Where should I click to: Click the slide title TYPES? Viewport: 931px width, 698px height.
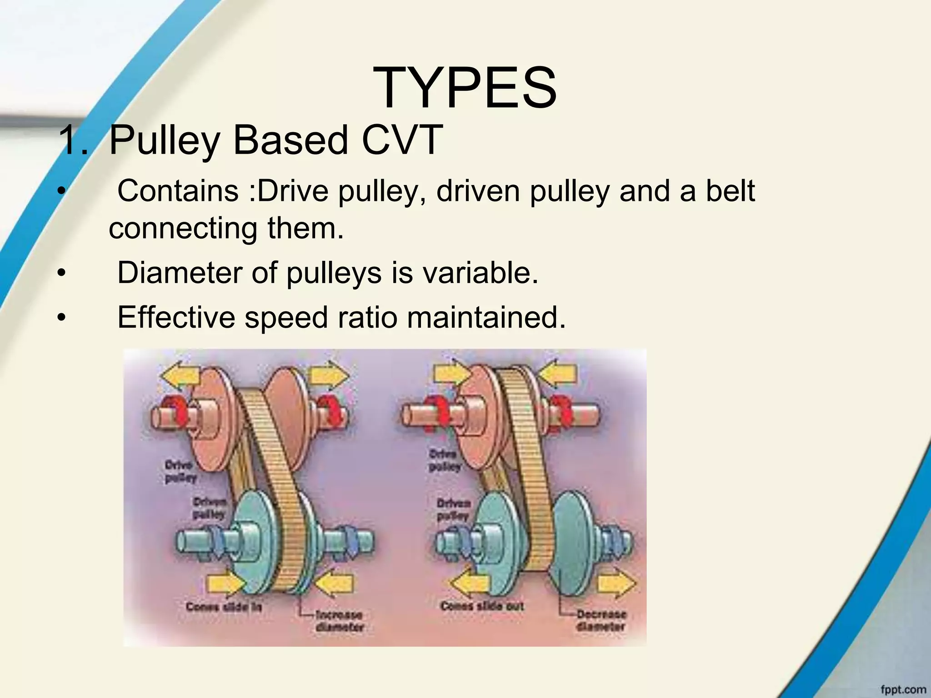click(465, 88)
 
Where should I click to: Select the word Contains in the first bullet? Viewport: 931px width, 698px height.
click(178, 191)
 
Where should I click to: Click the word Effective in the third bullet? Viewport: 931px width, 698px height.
click(176, 317)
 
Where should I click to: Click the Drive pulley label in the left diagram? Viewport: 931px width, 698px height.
click(180, 471)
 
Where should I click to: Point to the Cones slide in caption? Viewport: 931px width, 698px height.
click(224, 607)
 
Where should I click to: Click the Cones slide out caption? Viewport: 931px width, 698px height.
click(482, 606)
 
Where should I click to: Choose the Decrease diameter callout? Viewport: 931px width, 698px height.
click(601, 620)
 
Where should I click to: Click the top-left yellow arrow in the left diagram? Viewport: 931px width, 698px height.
click(180, 376)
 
